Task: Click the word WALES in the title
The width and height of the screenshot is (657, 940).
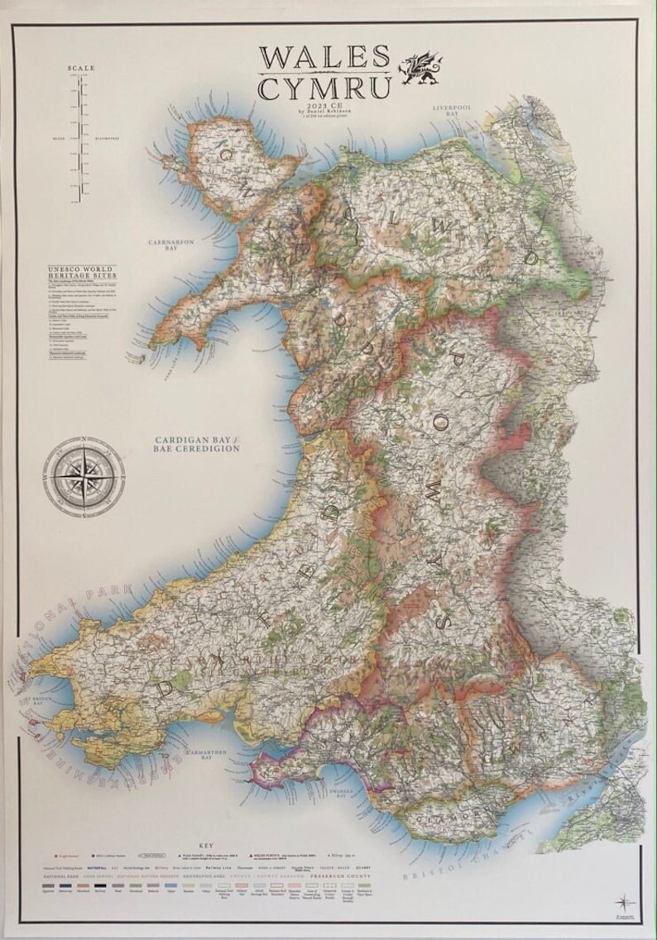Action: (324, 57)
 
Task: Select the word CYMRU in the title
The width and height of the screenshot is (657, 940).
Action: (324, 88)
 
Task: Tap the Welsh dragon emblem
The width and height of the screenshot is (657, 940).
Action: (421, 69)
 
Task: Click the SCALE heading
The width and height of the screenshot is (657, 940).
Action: (81, 68)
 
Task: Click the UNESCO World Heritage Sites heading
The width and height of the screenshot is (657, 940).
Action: (81, 274)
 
